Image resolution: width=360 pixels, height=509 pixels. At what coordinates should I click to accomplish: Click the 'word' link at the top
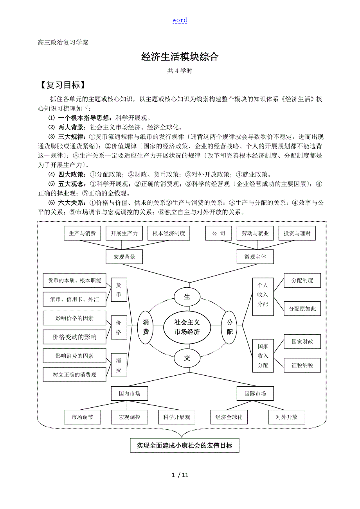click(180, 20)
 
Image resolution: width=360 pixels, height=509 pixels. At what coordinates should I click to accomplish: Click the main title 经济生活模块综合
click(180, 57)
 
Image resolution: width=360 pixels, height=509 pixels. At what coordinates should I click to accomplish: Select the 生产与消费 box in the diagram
click(82, 233)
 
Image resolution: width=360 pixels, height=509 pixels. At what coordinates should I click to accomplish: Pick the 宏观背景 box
click(124, 257)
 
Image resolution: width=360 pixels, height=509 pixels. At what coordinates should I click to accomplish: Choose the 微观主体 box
click(255, 257)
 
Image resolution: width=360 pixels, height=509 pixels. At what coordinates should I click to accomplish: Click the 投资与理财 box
click(297, 233)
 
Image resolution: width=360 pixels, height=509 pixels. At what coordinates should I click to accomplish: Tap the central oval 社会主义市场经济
click(187, 327)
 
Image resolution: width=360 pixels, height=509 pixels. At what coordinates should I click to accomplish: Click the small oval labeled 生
click(187, 297)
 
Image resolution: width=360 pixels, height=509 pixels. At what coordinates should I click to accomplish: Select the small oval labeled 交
click(187, 358)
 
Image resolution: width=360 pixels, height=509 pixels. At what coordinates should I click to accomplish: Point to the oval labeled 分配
click(230, 327)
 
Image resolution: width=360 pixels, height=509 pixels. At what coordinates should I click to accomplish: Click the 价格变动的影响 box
click(75, 337)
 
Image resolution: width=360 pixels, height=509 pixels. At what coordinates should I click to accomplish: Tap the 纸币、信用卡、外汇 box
click(75, 299)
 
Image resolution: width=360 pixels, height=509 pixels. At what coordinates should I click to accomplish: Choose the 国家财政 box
click(302, 342)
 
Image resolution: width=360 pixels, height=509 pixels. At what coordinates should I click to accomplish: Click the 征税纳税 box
click(302, 366)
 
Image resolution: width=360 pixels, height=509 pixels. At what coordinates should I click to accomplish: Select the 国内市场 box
click(130, 393)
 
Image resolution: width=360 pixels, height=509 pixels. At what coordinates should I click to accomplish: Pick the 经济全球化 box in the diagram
click(229, 417)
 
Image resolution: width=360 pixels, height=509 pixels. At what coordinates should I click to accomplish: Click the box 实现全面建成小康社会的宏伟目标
click(184, 445)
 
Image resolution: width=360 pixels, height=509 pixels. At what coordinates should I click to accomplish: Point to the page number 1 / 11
click(180, 475)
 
